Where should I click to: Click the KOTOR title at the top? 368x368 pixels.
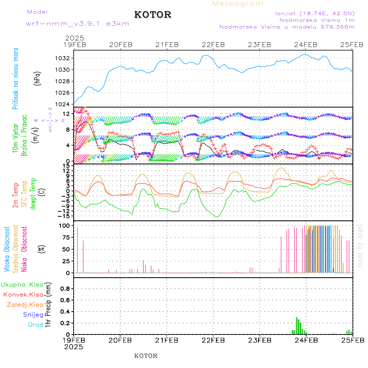pyautogui.click(x=153, y=15)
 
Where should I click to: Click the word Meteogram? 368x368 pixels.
pyautogui.click(x=238, y=4)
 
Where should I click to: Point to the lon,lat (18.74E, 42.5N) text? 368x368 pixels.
pyautogui.click(x=315, y=13)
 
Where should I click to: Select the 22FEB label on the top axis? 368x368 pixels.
pyautogui.click(x=213, y=45)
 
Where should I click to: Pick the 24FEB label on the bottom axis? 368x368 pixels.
pyautogui.click(x=306, y=340)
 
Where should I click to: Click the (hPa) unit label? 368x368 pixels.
pyautogui.click(x=37, y=79)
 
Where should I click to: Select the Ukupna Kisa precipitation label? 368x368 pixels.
pyautogui.click(x=22, y=285)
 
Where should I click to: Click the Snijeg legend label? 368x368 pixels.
pyautogui.click(x=34, y=314)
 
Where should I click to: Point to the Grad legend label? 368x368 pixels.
pyautogui.click(x=36, y=325)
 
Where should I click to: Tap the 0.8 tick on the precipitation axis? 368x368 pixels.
pyautogui.click(x=65, y=288)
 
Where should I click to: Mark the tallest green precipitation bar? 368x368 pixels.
pyautogui.click(x=297, y=326)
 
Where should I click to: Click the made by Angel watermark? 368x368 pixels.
pyautogui.click(x=360, y=245)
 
